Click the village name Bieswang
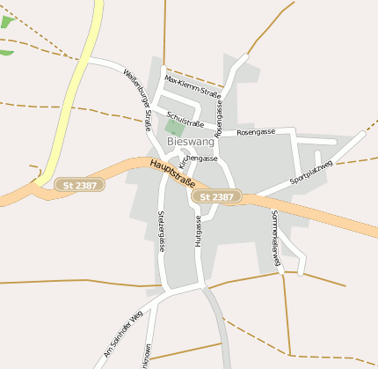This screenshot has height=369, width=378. pos(190,141)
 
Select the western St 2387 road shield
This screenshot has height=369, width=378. pos(79,185)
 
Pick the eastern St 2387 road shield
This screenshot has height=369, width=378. pos(216,196)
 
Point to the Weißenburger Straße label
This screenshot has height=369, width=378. pos(138,100)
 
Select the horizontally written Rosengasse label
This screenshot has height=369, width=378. pos(256,132)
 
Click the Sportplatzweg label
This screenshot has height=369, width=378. pos(311,173)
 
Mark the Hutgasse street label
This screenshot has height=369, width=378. pos(199,236)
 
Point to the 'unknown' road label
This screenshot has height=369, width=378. pos(146,355)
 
